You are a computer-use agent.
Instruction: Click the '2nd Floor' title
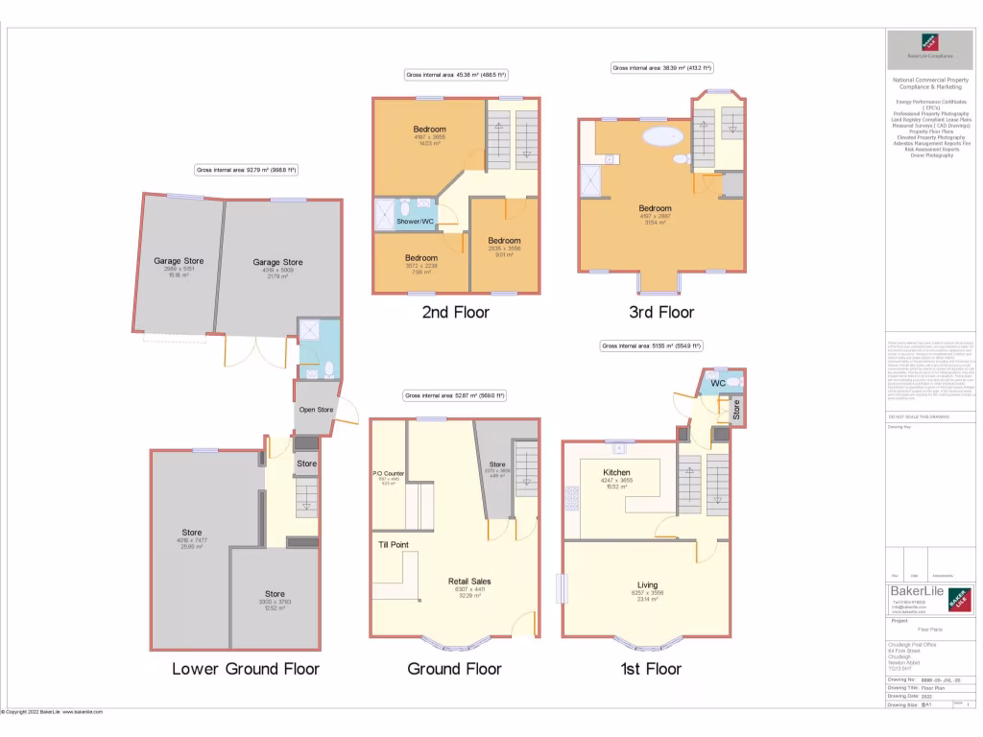(455, 313)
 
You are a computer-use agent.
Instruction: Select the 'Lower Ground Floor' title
(245, 669)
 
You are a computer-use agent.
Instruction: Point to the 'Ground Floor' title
(454, 669)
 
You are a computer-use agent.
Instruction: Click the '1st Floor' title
(648, 669)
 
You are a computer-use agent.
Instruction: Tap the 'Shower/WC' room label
(416, 223)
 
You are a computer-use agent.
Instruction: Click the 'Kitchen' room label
(615, 473)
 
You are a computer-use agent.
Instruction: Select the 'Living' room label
(648, 584)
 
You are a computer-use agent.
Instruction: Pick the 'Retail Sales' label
(469, 582)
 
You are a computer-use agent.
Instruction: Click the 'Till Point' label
(395, 545)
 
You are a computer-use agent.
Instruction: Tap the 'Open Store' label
(316, 410)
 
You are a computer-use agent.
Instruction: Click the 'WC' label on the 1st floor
(717, 385)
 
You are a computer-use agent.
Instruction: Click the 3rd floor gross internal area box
(662, 68)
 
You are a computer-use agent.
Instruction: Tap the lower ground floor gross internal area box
(246, 170)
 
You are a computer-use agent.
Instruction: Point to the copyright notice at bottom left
(52, 712)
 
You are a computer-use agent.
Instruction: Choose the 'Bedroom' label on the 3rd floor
(656, 208)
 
